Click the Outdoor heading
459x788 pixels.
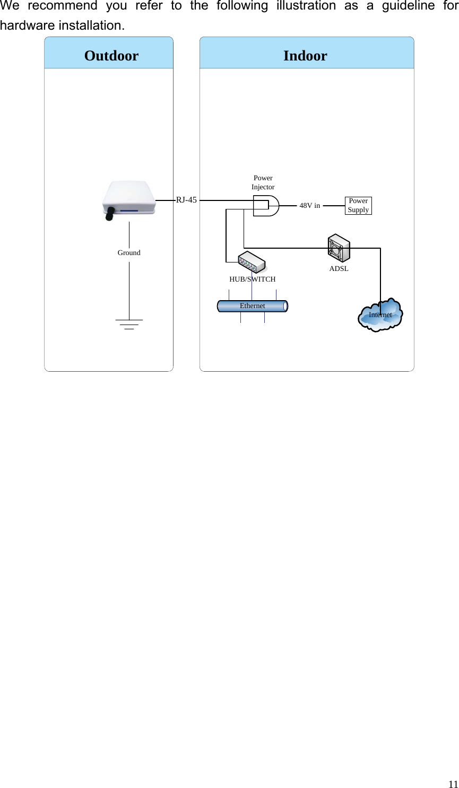click(111, 56)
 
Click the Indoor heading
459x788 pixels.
click(305, 56)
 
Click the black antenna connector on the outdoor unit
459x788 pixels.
click(110, 213)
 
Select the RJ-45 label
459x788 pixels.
click(186, 200)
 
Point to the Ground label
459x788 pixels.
click(129, 253)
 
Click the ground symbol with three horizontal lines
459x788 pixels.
click(129, 324)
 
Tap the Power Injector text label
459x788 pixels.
click(263, 182)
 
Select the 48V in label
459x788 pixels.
click(310, 205)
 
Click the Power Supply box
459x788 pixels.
click(358, 205)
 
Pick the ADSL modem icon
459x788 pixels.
click(339, 248)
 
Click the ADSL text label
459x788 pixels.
click(339, 269)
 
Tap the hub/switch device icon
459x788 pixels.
click(252, 262)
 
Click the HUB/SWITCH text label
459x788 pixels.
click(253, 279)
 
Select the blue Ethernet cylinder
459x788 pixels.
click(253, 306)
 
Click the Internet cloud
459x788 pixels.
click(380, 314)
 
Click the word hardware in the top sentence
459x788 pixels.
click(23, 25)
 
